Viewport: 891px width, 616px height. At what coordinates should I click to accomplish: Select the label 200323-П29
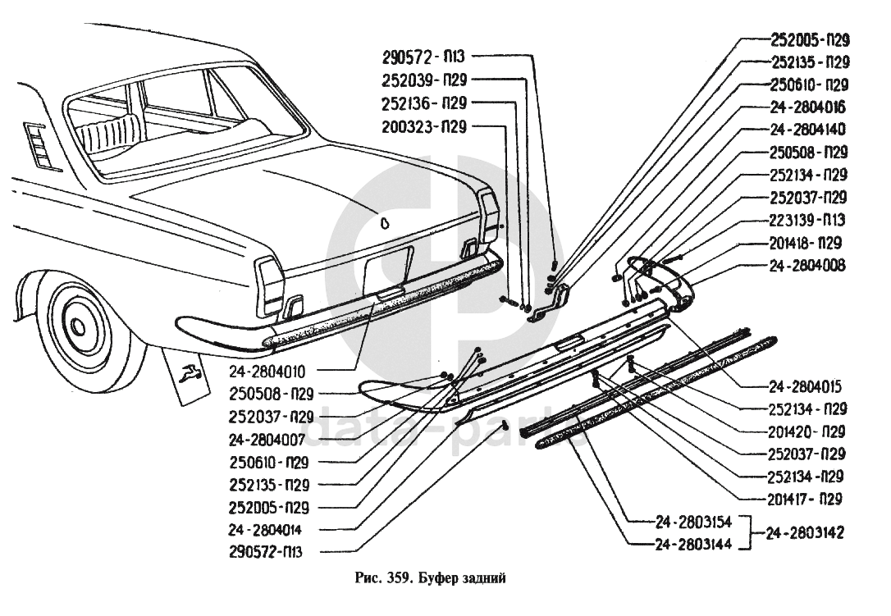(424, 126)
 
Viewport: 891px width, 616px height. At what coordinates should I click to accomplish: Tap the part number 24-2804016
(808, 107)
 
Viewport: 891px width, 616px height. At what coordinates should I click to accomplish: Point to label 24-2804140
(808, 130)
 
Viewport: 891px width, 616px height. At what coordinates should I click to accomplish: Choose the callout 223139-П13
(808, 220)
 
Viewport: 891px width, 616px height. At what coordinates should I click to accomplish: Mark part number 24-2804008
(808, 266)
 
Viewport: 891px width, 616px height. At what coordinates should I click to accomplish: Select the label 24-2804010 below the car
(267, 371)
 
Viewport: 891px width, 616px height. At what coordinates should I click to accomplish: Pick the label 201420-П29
(807, 431)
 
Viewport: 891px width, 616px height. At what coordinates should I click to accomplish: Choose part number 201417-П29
(807, 499)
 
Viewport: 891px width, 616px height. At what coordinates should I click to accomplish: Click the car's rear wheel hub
(79, 326)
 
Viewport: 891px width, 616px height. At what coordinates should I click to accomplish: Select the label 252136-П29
(424, 103)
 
